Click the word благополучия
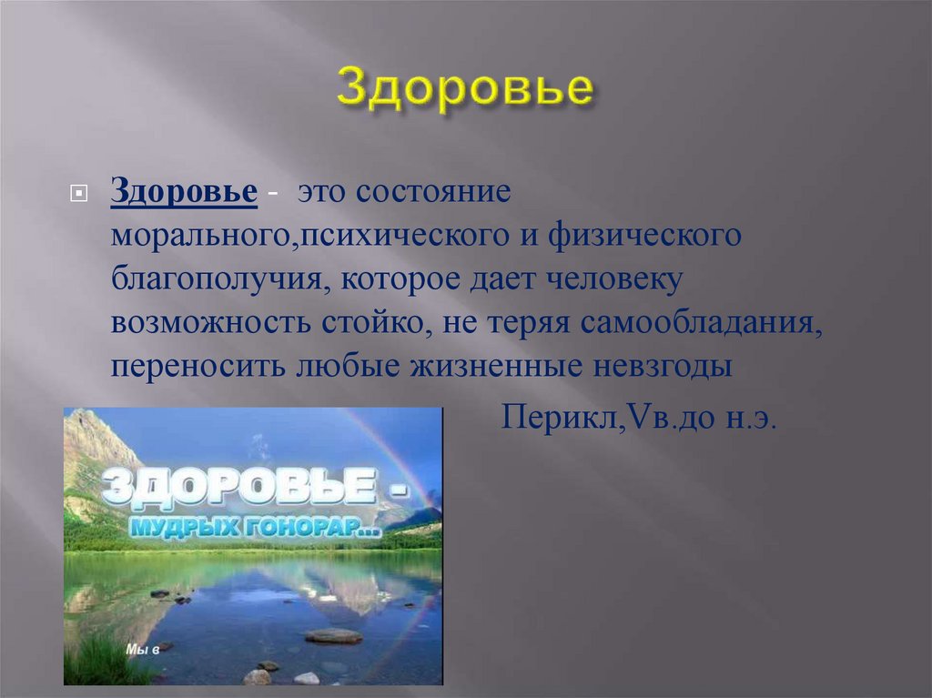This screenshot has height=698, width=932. tap(221, 279)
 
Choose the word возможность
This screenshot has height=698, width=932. tap(210, 322)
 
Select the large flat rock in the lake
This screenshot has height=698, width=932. tap(333, 635)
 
